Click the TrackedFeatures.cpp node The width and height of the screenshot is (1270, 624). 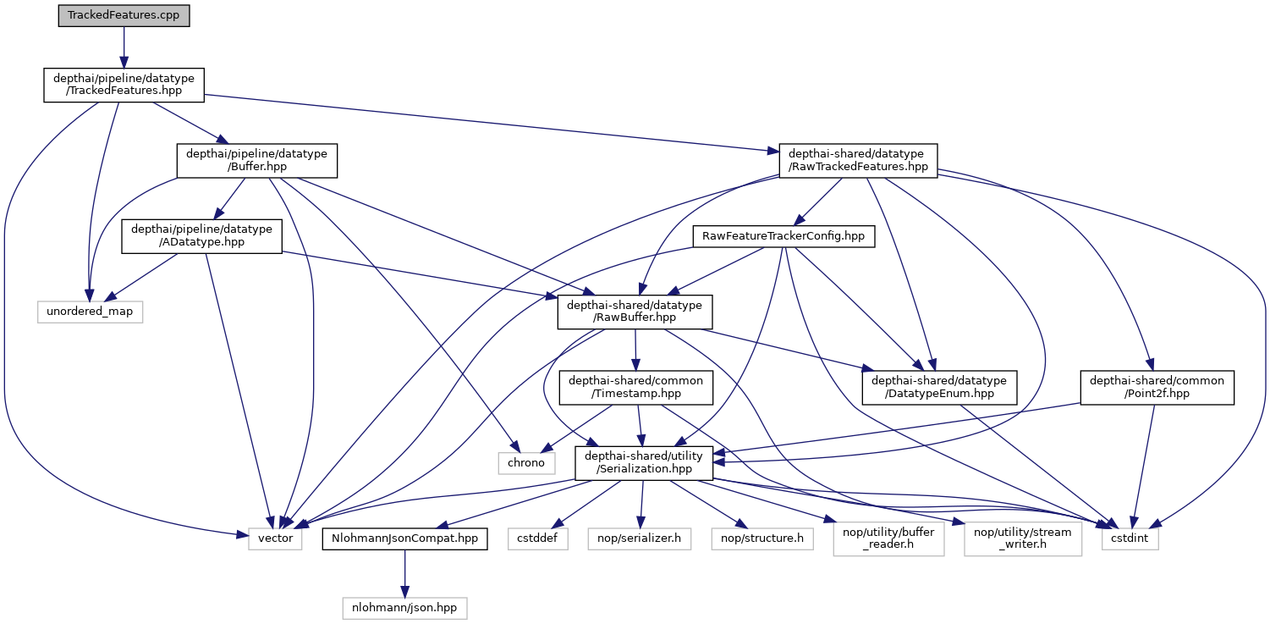point(124,15)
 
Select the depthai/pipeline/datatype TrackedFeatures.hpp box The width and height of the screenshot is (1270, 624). point(124,86)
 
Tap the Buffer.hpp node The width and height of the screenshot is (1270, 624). point(256,160)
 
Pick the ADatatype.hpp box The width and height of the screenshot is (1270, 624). point(201,236)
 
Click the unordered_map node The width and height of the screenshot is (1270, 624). point(90,312)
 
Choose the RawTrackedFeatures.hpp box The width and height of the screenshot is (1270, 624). point(858,160)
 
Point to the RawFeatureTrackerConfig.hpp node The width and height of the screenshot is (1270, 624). point(783,236)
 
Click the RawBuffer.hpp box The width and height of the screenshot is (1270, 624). point(635,312)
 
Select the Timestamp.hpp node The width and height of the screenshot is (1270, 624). point(635,388)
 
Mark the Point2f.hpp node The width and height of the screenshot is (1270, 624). point(1157,388)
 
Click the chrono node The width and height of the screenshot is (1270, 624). point(526,463)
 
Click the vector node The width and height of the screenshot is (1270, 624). point(275,538)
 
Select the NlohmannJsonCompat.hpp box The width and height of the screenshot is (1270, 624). point(404,538)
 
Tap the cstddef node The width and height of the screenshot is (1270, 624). point(537,538)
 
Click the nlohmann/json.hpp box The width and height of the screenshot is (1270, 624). point(404,607)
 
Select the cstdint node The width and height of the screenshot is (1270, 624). point(1129,538)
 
